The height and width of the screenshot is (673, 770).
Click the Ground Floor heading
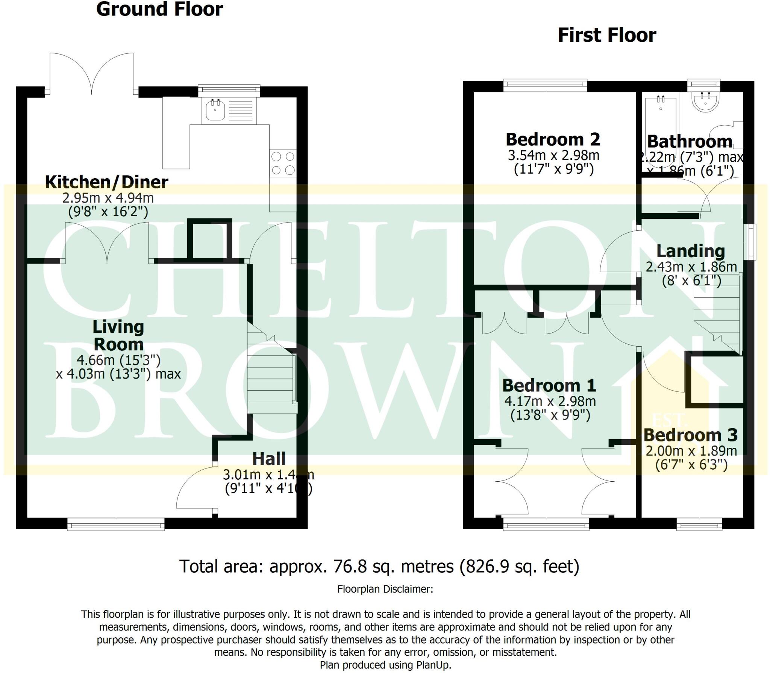(159, 9)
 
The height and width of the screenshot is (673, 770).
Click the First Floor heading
(607, 35)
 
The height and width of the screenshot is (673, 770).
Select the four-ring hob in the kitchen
(283, 163)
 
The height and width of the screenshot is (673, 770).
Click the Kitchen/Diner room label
(107, 182)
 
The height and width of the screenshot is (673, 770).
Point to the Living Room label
(118, 335)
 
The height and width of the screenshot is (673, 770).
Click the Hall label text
(268, 459)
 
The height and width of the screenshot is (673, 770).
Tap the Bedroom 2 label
(553, 139)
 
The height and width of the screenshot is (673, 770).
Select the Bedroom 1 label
(549, 385)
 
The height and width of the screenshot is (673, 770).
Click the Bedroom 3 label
(690, 435)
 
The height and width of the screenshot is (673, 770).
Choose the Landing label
(690, 251)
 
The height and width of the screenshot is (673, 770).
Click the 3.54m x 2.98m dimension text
(553, 155)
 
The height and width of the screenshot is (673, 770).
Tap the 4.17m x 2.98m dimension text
(550, 401)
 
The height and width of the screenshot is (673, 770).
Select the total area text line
(379, 566)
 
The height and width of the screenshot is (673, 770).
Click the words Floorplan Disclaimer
(385, 589)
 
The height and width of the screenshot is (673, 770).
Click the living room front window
(116, 524)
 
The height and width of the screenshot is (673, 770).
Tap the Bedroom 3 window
(699, 524)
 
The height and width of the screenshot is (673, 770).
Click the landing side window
(751, 242)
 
